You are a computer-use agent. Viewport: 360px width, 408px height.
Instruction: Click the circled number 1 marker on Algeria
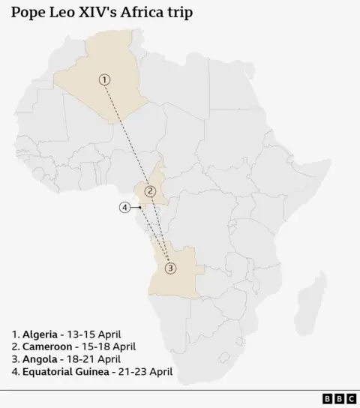pyautogui.click(x=105, y=79)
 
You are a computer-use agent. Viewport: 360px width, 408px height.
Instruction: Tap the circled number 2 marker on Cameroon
pyautogui.click(x=150, y=190)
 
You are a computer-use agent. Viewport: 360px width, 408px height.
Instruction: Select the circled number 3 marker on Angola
pyautogui.click(x=170, y=268)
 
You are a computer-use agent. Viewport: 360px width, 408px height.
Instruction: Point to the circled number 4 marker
pyautogui.click(x=125, y=207)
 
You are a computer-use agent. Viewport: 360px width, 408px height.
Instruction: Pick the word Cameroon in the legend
pyautogui.click(x=48, y=346)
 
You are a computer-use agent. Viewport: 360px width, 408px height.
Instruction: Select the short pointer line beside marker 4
pyautogui.click(x=137, y=207)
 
